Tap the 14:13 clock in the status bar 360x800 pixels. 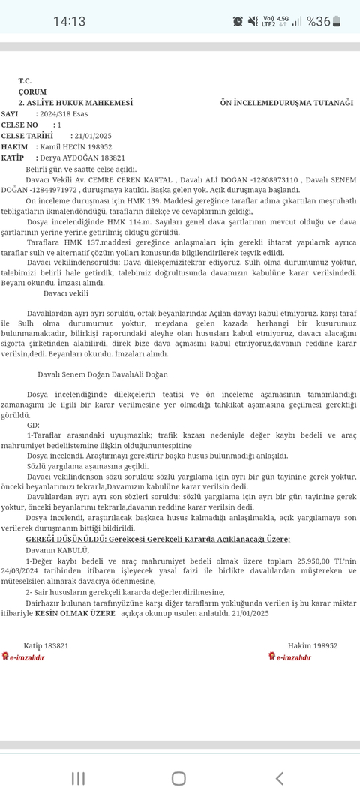tap(69, 21)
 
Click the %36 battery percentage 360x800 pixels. tap(319, 21)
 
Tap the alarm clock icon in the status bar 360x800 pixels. tap(238, 21)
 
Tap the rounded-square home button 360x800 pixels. tap(178, 778)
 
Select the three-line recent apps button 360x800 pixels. tap(78, 778)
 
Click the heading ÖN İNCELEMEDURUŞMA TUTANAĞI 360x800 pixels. tap(286, 102)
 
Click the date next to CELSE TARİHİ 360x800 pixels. tap(91, 136)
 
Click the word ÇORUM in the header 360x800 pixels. tap(32, 92)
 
